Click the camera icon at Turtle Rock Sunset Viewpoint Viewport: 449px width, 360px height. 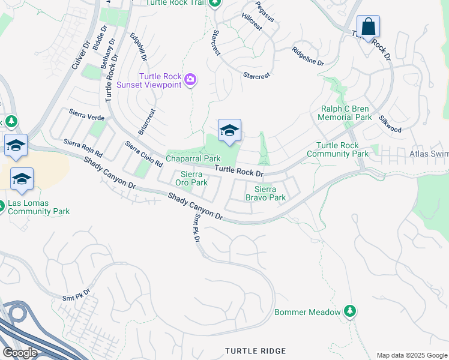pos(190,80)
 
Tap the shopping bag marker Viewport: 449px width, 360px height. pos(368,28)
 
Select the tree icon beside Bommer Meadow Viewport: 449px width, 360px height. pos(349,311)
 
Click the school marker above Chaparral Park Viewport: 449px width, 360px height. pos(229,131)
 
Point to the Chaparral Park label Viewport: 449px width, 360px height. pos(193,158)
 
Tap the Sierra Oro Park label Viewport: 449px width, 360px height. pos(190,178)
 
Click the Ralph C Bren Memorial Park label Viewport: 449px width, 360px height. pos(345,113)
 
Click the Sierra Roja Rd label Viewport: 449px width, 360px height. pos(83,148)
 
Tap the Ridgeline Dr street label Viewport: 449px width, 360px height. pos(308,56)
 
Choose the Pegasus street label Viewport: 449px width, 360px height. pos(264,12)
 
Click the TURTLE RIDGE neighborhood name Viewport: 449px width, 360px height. pos(255,350)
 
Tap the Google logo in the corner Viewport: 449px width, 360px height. pos(19,352)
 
